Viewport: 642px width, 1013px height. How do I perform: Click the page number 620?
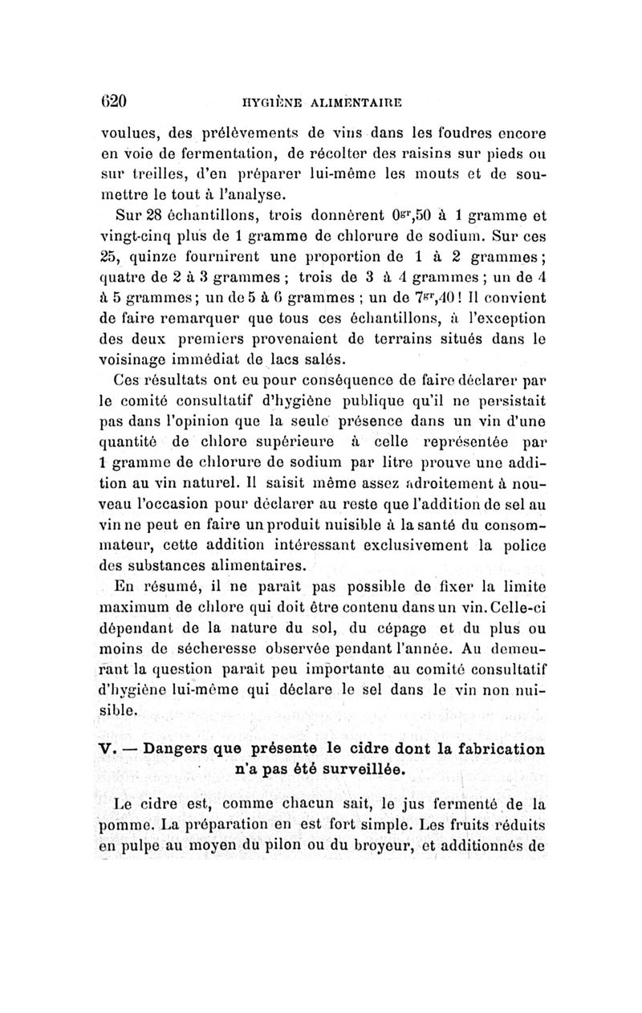pos(115,102)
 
